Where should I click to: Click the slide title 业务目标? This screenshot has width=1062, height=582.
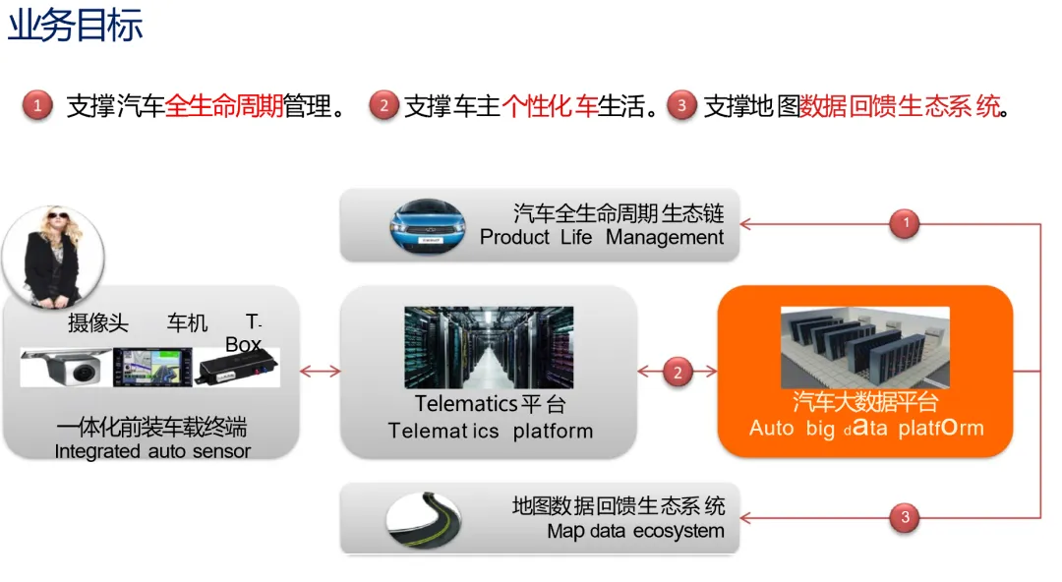coord(76,25)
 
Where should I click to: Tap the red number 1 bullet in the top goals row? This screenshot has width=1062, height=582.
coord(37,105)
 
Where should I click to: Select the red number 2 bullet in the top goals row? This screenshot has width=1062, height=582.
coord(383,105)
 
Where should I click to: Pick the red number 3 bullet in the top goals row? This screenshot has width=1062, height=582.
coord(680,105)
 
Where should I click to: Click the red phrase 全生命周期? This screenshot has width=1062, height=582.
coord(224,106)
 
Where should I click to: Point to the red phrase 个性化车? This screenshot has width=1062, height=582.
coord(550,106)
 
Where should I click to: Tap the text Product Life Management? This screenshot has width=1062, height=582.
coord(602,238)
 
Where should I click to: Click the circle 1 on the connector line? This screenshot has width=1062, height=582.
coord(905,224)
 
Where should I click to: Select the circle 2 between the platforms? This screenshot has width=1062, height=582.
coord(677,372)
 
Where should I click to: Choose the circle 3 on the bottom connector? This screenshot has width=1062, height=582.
coord(905,516)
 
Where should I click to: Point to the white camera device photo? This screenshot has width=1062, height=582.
coord(66,368)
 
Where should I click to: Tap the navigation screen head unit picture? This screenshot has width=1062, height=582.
coord(149,368)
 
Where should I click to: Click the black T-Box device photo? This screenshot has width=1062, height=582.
coord(236,370)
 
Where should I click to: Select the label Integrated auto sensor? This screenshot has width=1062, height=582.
coord(152,452)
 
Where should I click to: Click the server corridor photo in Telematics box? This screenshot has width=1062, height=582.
coord(489,347)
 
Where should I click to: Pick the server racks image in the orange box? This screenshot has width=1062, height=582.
coord(864,346)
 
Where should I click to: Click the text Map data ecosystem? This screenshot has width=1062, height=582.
coord(635,532)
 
